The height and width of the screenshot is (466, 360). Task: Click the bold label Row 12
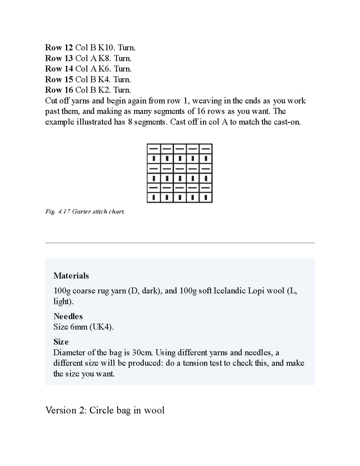pos(59,48)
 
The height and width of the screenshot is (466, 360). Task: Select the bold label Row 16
pos(59,90)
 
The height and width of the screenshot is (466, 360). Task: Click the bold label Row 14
pos(59,69)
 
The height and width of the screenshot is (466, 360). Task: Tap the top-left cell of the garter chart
pos(154,149)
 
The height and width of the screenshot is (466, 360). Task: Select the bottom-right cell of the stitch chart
pos(206,197)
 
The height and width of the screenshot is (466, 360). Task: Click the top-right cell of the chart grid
pos(206,149)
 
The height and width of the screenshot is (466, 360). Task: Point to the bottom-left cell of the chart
pos(154,197)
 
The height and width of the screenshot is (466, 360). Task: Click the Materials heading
pos(71,276)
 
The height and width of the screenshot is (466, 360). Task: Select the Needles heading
pos(68,316)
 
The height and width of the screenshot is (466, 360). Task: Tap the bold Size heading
pos(61,342)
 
